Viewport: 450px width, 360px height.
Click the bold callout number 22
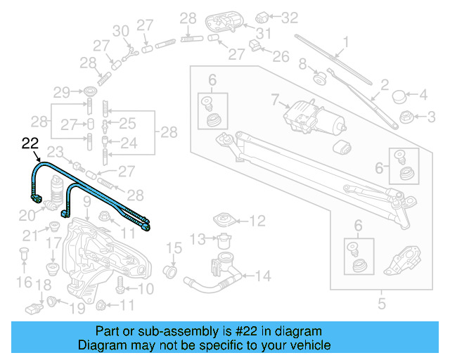30,143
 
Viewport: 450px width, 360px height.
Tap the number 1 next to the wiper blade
345,42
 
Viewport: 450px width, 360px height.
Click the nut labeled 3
405,116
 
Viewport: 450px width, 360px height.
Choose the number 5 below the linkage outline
382,304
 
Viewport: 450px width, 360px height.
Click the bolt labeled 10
120,286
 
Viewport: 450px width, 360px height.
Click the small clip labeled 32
259,15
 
